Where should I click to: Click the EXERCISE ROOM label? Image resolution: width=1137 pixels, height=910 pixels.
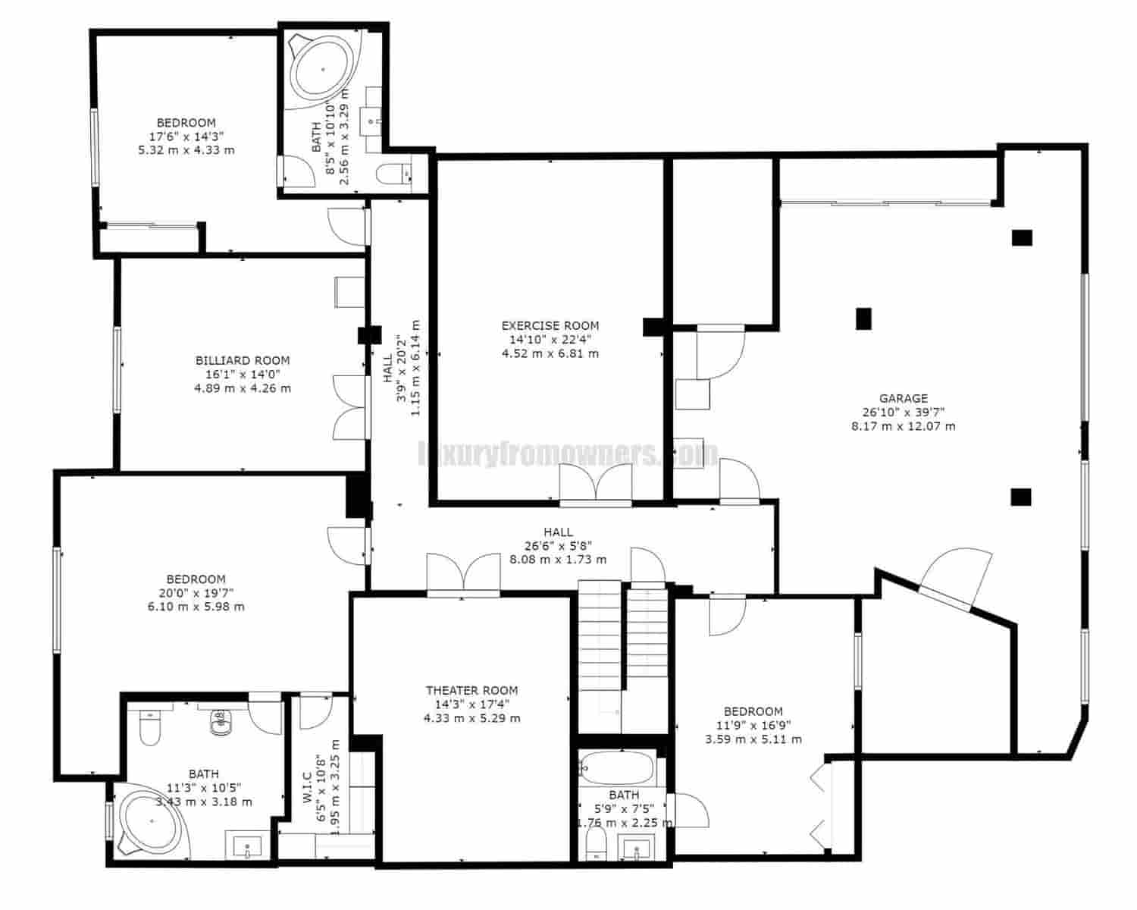[550, 326]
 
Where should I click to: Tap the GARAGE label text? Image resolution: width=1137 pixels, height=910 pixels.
[903, 398]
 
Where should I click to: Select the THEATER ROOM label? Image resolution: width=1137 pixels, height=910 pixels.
[471, 690]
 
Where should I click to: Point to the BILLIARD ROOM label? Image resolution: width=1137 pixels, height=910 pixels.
[243, 361]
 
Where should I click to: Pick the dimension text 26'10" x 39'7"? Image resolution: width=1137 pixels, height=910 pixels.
[903, 412]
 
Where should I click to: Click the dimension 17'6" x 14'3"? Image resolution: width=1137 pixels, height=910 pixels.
[186, 136]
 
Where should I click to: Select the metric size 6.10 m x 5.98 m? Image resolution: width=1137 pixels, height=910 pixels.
[196, 607]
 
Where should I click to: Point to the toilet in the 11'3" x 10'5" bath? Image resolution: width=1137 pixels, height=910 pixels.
[150, 729]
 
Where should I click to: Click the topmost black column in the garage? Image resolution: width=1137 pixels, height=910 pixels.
[1022, 237]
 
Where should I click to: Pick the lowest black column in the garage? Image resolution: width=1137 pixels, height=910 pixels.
[1021, 497]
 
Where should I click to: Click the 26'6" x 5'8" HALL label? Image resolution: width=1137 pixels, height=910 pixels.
[558, 532]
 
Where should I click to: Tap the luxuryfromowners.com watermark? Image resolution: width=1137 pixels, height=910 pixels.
[568, 454]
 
